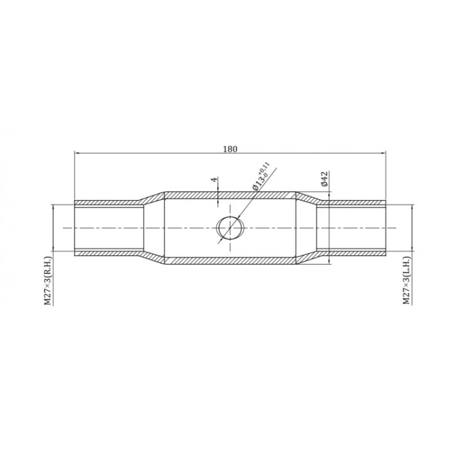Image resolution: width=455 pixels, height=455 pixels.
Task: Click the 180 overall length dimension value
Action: [230, 149]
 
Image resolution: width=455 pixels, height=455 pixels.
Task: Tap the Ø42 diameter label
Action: [325, 179]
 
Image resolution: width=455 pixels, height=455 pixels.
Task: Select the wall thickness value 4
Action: [214, 180]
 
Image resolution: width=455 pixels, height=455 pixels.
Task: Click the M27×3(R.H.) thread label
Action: [47, 281]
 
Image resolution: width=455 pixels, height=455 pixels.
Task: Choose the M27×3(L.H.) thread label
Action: [407, 281]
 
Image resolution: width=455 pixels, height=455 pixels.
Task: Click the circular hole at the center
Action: [231, 227]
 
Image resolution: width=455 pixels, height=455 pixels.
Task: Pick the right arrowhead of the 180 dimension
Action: [383, 152]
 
